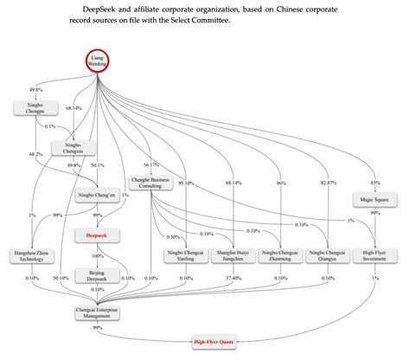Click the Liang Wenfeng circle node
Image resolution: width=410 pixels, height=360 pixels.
(x=99, y=63)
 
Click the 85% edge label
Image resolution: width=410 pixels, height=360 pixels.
(x=374, y=182)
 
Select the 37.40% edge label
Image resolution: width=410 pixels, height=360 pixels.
(x=233, y=278)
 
